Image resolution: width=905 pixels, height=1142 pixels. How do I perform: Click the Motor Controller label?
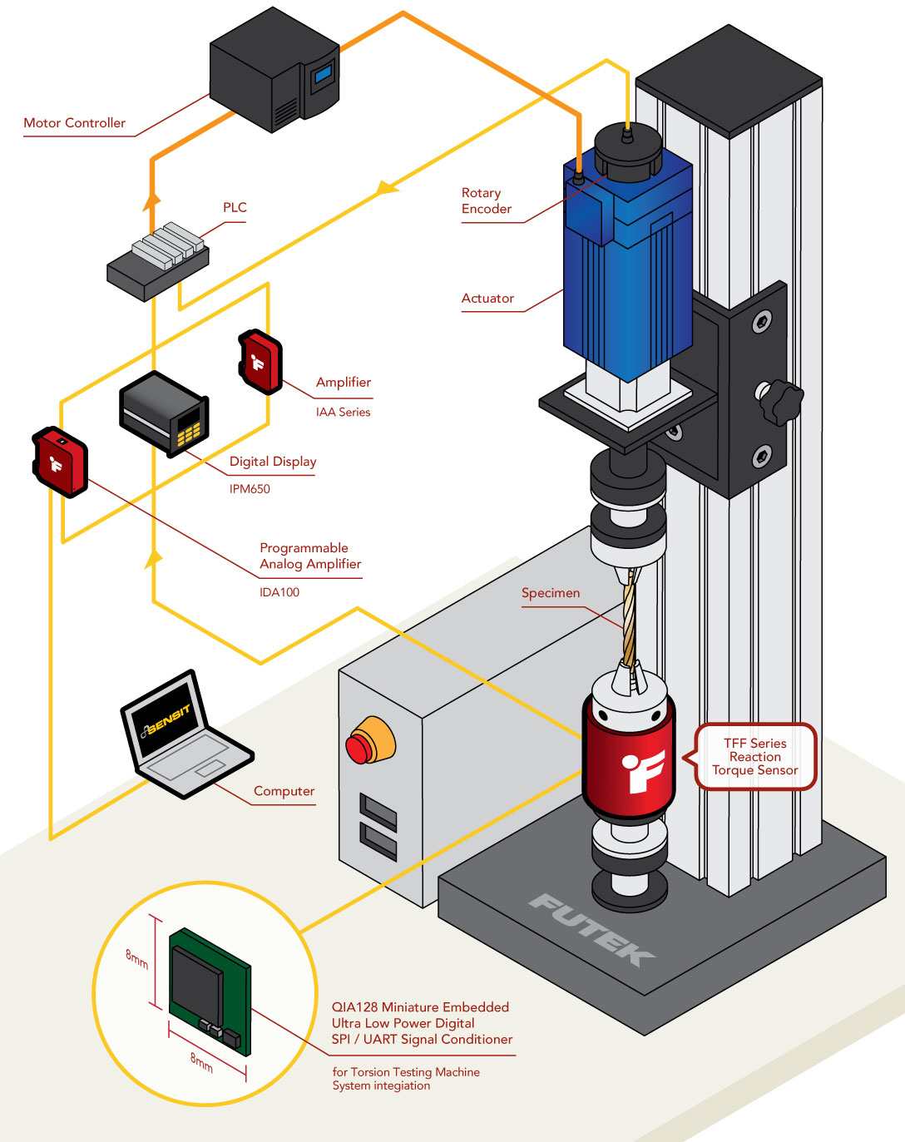pos(74,123)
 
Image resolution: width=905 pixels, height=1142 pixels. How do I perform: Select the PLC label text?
pos(235,207)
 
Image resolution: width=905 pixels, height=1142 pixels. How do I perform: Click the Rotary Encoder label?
pos(487,200)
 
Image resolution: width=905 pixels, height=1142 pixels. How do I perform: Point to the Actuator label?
pos(487,298)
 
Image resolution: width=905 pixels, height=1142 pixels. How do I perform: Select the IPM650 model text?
pos(250,489)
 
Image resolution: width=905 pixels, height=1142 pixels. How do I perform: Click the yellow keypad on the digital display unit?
pos(190,428)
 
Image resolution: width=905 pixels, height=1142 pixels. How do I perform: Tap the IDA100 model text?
pos(279,592)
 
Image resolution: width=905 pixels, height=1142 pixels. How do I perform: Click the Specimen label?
pos(551,593)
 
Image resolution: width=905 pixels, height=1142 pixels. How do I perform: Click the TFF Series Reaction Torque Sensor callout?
pos(755,757)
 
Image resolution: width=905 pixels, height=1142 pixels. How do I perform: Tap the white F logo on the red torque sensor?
pos(643,769)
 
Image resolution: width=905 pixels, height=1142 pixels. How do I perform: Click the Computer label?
pos(284,791)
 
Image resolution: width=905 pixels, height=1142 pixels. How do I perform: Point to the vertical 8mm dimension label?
pos(137,959)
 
